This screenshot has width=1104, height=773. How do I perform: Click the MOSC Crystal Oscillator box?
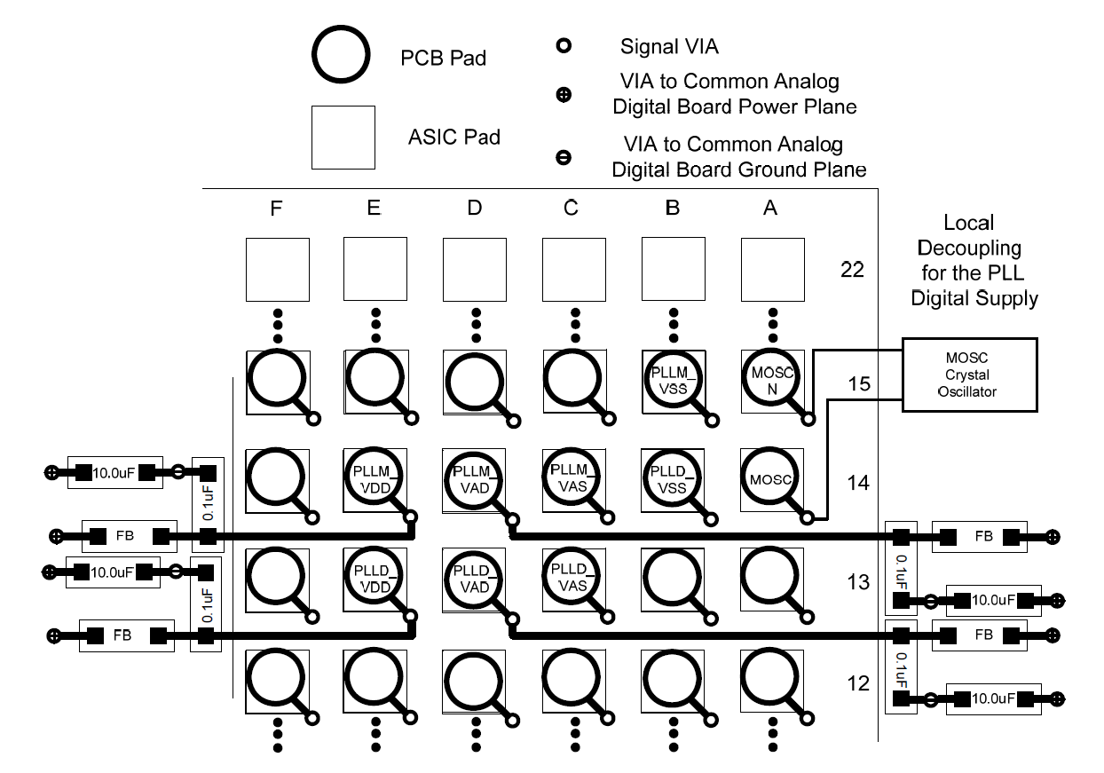click(x=970, y=375)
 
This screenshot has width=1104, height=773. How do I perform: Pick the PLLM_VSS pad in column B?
click(x=671, y=380)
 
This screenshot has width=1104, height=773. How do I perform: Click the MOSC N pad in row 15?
click(x=769, y=380)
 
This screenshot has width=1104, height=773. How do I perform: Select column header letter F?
click(x=276, y=209)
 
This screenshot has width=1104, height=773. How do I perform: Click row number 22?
click(x=853, y=270)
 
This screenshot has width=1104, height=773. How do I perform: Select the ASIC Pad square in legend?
click(x=343, y=137)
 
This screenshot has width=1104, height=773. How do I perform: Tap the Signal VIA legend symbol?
click(x=562, y=44)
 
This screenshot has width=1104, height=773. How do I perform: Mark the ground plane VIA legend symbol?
click(x=562, y=158)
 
